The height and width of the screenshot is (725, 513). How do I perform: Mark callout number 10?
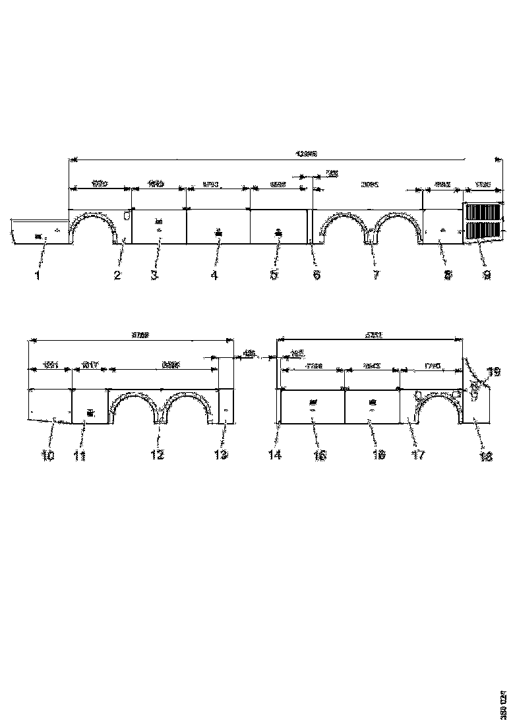tap(49, 455)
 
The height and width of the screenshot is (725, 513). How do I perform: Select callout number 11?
tap(80, 455)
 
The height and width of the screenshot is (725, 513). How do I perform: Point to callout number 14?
tap(275, 455)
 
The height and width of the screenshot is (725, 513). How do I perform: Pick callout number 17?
tap(418, 455)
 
